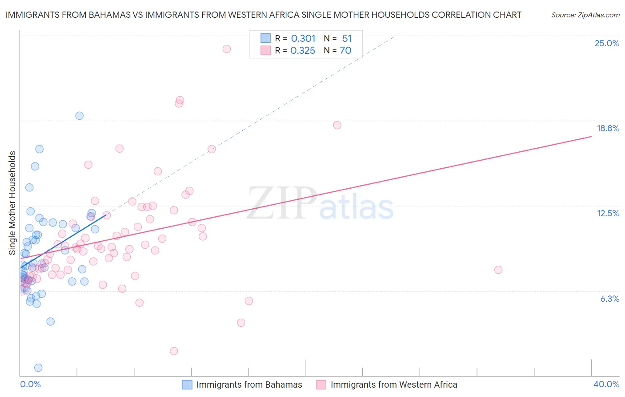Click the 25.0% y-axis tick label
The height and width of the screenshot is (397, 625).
pyautogui.click(x=607, y=43)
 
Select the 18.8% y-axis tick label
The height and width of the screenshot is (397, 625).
pyautogui.click(x=608, y=128)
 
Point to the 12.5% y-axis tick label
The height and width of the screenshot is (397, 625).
pyautogui.click(x=608, y=213)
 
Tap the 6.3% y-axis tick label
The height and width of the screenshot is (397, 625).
pyautogui.click(x=609, y=299)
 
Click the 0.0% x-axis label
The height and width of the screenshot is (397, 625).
pyautogui.click(x=30, y=384)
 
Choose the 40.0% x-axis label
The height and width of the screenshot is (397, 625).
pyautogui.click(x=606, y=384)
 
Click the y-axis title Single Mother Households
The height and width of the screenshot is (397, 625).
pyautogui.click(x=12, y=203)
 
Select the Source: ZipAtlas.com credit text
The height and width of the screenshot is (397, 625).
pyautogui.click(x=585, y=15)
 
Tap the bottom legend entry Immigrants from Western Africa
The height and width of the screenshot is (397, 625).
pyautogui.click(x=393, y=385)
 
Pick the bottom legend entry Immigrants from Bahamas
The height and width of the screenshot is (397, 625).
pyautogui.click(x=249, y=385)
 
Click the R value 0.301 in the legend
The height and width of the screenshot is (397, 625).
pyautogui.click(x=303, y=39)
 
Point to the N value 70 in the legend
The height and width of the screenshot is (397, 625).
pyautogui.click(x=345, y=51)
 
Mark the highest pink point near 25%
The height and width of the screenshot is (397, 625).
pyautogui.click(x=227, y=49)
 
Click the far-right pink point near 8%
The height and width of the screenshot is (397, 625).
pyautogui.click(x=498, y=270)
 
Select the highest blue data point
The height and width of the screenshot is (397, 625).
pyautogui.click(x=80, y=116)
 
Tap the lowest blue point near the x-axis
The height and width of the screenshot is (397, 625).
pyautogui.click(x=38, y=368)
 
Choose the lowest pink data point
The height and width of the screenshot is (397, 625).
pyautogui.click(x=174, y=351)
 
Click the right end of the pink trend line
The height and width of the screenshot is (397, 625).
pyautogui.click(x=591, y=136)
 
